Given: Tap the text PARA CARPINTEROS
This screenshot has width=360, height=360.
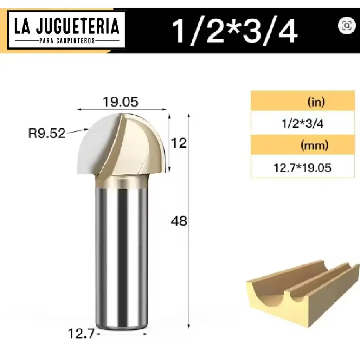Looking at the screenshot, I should pos(66,41).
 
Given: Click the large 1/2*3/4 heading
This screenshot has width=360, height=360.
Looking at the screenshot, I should pos(235,31).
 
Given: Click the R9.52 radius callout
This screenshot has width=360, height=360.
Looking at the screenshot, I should pos(47,134).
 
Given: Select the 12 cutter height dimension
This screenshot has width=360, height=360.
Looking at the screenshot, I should pos(179,143).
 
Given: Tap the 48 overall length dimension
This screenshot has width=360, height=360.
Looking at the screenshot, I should pos(179,221).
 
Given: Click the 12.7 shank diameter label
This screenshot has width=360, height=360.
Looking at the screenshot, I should pos(81,334).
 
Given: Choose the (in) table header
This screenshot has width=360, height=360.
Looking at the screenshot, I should pos(316,102).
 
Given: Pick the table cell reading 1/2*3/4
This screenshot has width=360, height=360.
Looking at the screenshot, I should pos(303,124).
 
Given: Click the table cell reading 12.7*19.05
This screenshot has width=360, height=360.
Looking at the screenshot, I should pos(303,168).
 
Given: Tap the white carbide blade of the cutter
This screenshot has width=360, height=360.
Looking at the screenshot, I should pos(98,144).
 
